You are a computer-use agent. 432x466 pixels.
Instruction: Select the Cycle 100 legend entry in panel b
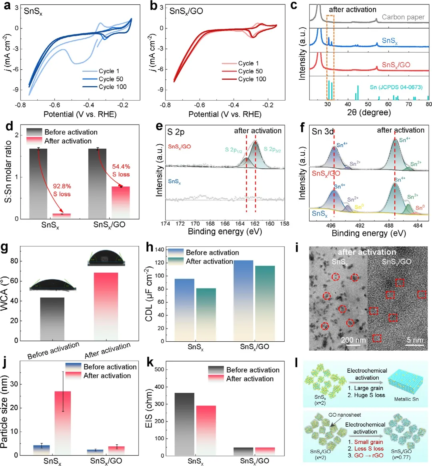[252, 79]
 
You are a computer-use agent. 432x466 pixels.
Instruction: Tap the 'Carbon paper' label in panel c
[403, 17]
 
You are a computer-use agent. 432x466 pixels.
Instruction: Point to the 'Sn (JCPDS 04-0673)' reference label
[396, 87]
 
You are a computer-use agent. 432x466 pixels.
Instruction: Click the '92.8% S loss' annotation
[62, 190]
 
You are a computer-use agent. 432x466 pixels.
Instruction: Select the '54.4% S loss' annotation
[121, 170]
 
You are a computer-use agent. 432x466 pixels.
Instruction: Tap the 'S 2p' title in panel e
[176, 131]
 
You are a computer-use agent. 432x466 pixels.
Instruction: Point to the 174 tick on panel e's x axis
[165, 224]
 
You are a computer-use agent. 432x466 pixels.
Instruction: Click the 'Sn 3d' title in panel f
[322, 131]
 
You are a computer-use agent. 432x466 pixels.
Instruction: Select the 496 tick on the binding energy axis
[331, 226]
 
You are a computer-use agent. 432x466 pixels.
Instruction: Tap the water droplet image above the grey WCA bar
[53, 284]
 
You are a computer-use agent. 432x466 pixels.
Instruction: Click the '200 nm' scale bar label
[353, 340]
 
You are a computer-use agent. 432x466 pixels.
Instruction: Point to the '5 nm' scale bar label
[415, 340]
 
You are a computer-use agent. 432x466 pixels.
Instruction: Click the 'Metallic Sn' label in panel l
[406, 399]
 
